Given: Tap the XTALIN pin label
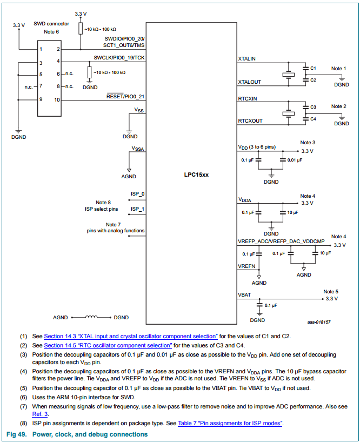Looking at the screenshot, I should pos(247,58).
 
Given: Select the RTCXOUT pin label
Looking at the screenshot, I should pos(250,120).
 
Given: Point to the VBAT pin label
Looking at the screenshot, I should pos(244,294).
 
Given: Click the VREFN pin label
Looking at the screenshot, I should pos(247,266).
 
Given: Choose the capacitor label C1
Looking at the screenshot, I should pos(314,68).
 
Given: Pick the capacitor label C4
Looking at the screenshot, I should pos(314,118).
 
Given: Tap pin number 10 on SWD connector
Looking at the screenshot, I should pos(57,100).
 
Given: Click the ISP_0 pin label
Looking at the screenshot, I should pos(138,193).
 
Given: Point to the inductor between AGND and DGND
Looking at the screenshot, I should pos(92,318).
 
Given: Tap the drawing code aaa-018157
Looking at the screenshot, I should pos(319,322).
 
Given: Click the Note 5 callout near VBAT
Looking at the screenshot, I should pos(331,291).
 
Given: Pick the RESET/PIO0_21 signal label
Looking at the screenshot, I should pos(125,96).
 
